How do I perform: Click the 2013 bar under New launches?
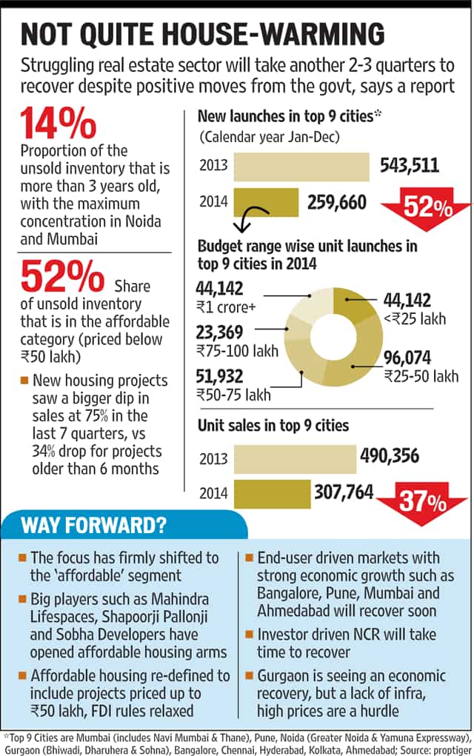tap(301, 167)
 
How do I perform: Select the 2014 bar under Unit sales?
tap(272, 494)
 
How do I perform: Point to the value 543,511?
tap(410, 165)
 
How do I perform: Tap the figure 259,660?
tap(337, 202)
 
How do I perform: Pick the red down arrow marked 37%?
tap(422, 502)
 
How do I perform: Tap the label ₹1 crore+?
tap(226, 307)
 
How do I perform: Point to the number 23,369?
tap(219, 332)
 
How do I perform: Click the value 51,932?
tap(219, 376)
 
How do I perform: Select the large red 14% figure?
tap(59, 124)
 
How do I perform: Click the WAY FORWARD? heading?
tap(93, 524)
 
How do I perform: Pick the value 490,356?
tap(390, 455)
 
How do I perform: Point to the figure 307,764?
tap(344, 492)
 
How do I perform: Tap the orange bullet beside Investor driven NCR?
tap(250, 634)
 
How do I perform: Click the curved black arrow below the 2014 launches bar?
tap(251, 218)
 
